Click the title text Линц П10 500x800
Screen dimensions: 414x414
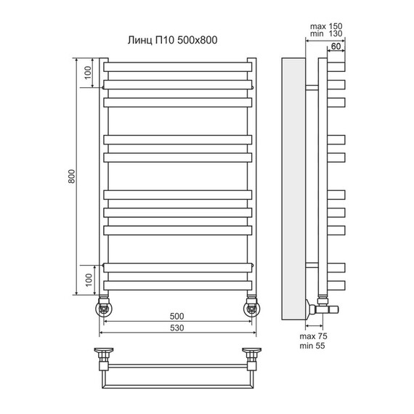172,40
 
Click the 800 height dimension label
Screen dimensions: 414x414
72,176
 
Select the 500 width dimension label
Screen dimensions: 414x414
176,316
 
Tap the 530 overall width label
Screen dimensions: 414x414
176,328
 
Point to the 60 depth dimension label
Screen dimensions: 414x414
336,46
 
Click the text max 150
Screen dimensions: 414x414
326,26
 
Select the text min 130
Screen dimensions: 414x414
326,33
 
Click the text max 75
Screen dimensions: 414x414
313,336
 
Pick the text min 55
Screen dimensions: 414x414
312,346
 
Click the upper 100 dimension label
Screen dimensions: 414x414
88,73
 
